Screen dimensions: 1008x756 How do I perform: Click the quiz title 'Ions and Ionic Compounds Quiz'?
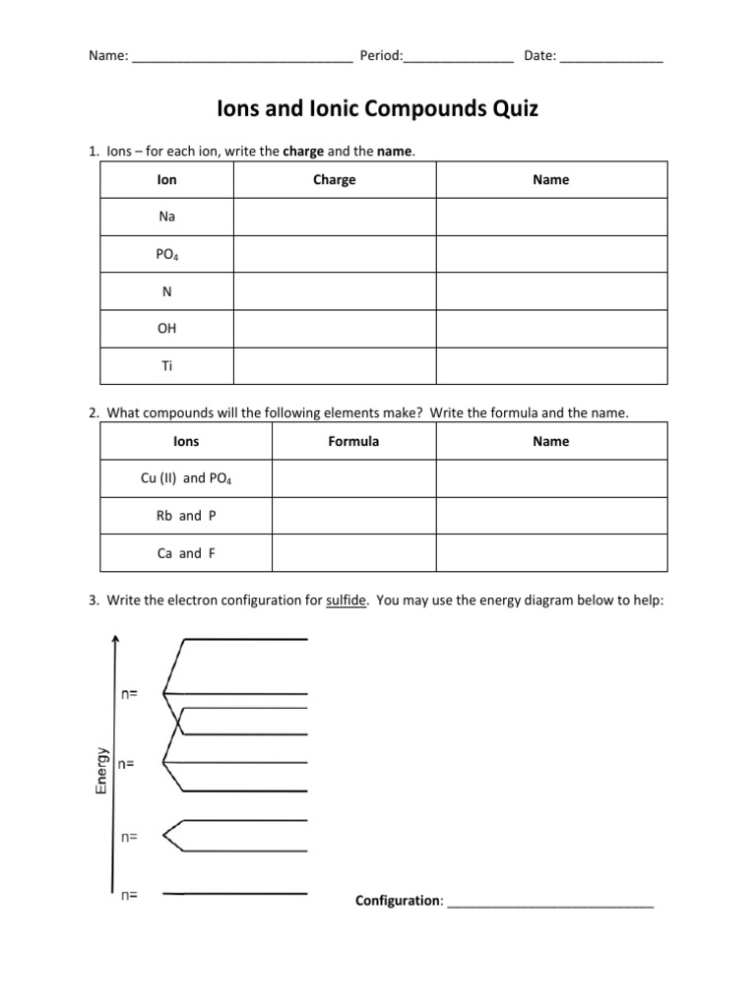pos(377,109)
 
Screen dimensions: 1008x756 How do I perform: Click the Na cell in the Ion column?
pos(166,217)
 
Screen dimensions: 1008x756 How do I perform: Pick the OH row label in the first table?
pos(166,328)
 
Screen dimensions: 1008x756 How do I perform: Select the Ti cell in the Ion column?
pos(166,365)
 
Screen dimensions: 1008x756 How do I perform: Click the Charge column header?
pos(334,180)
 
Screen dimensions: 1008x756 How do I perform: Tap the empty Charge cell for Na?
pos(334,217)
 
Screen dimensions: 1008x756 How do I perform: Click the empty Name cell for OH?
pos(551,328)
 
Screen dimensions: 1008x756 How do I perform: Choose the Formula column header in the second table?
pos(353,441)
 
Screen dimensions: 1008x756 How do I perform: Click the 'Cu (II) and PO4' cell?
pos(186,478)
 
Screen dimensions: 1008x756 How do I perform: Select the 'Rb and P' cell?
pos(186,516)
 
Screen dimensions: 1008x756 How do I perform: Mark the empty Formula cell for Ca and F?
pos(353,553)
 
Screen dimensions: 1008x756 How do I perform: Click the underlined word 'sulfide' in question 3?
pos(346,600)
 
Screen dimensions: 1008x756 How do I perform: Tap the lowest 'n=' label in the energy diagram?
pos(129,895)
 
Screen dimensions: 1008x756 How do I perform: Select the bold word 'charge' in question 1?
pos(302,151)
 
